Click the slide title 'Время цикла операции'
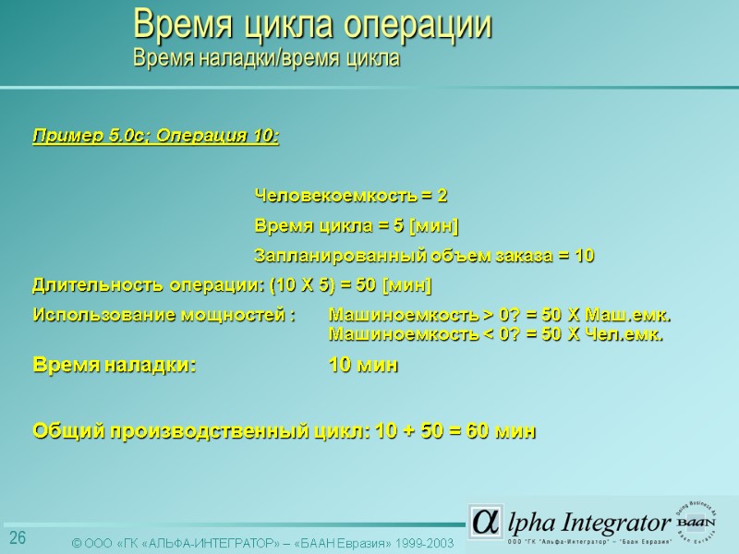[312, 25]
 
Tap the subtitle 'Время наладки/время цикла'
[266, 59]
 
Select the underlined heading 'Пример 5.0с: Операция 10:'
[156, 137]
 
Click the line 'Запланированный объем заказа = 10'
[424, 256]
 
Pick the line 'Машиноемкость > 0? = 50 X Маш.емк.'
[500, 315]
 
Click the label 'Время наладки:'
[115, 366]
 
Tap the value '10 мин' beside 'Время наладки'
[364, 366]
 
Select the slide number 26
[18, 538]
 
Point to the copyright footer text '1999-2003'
[423, 543]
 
